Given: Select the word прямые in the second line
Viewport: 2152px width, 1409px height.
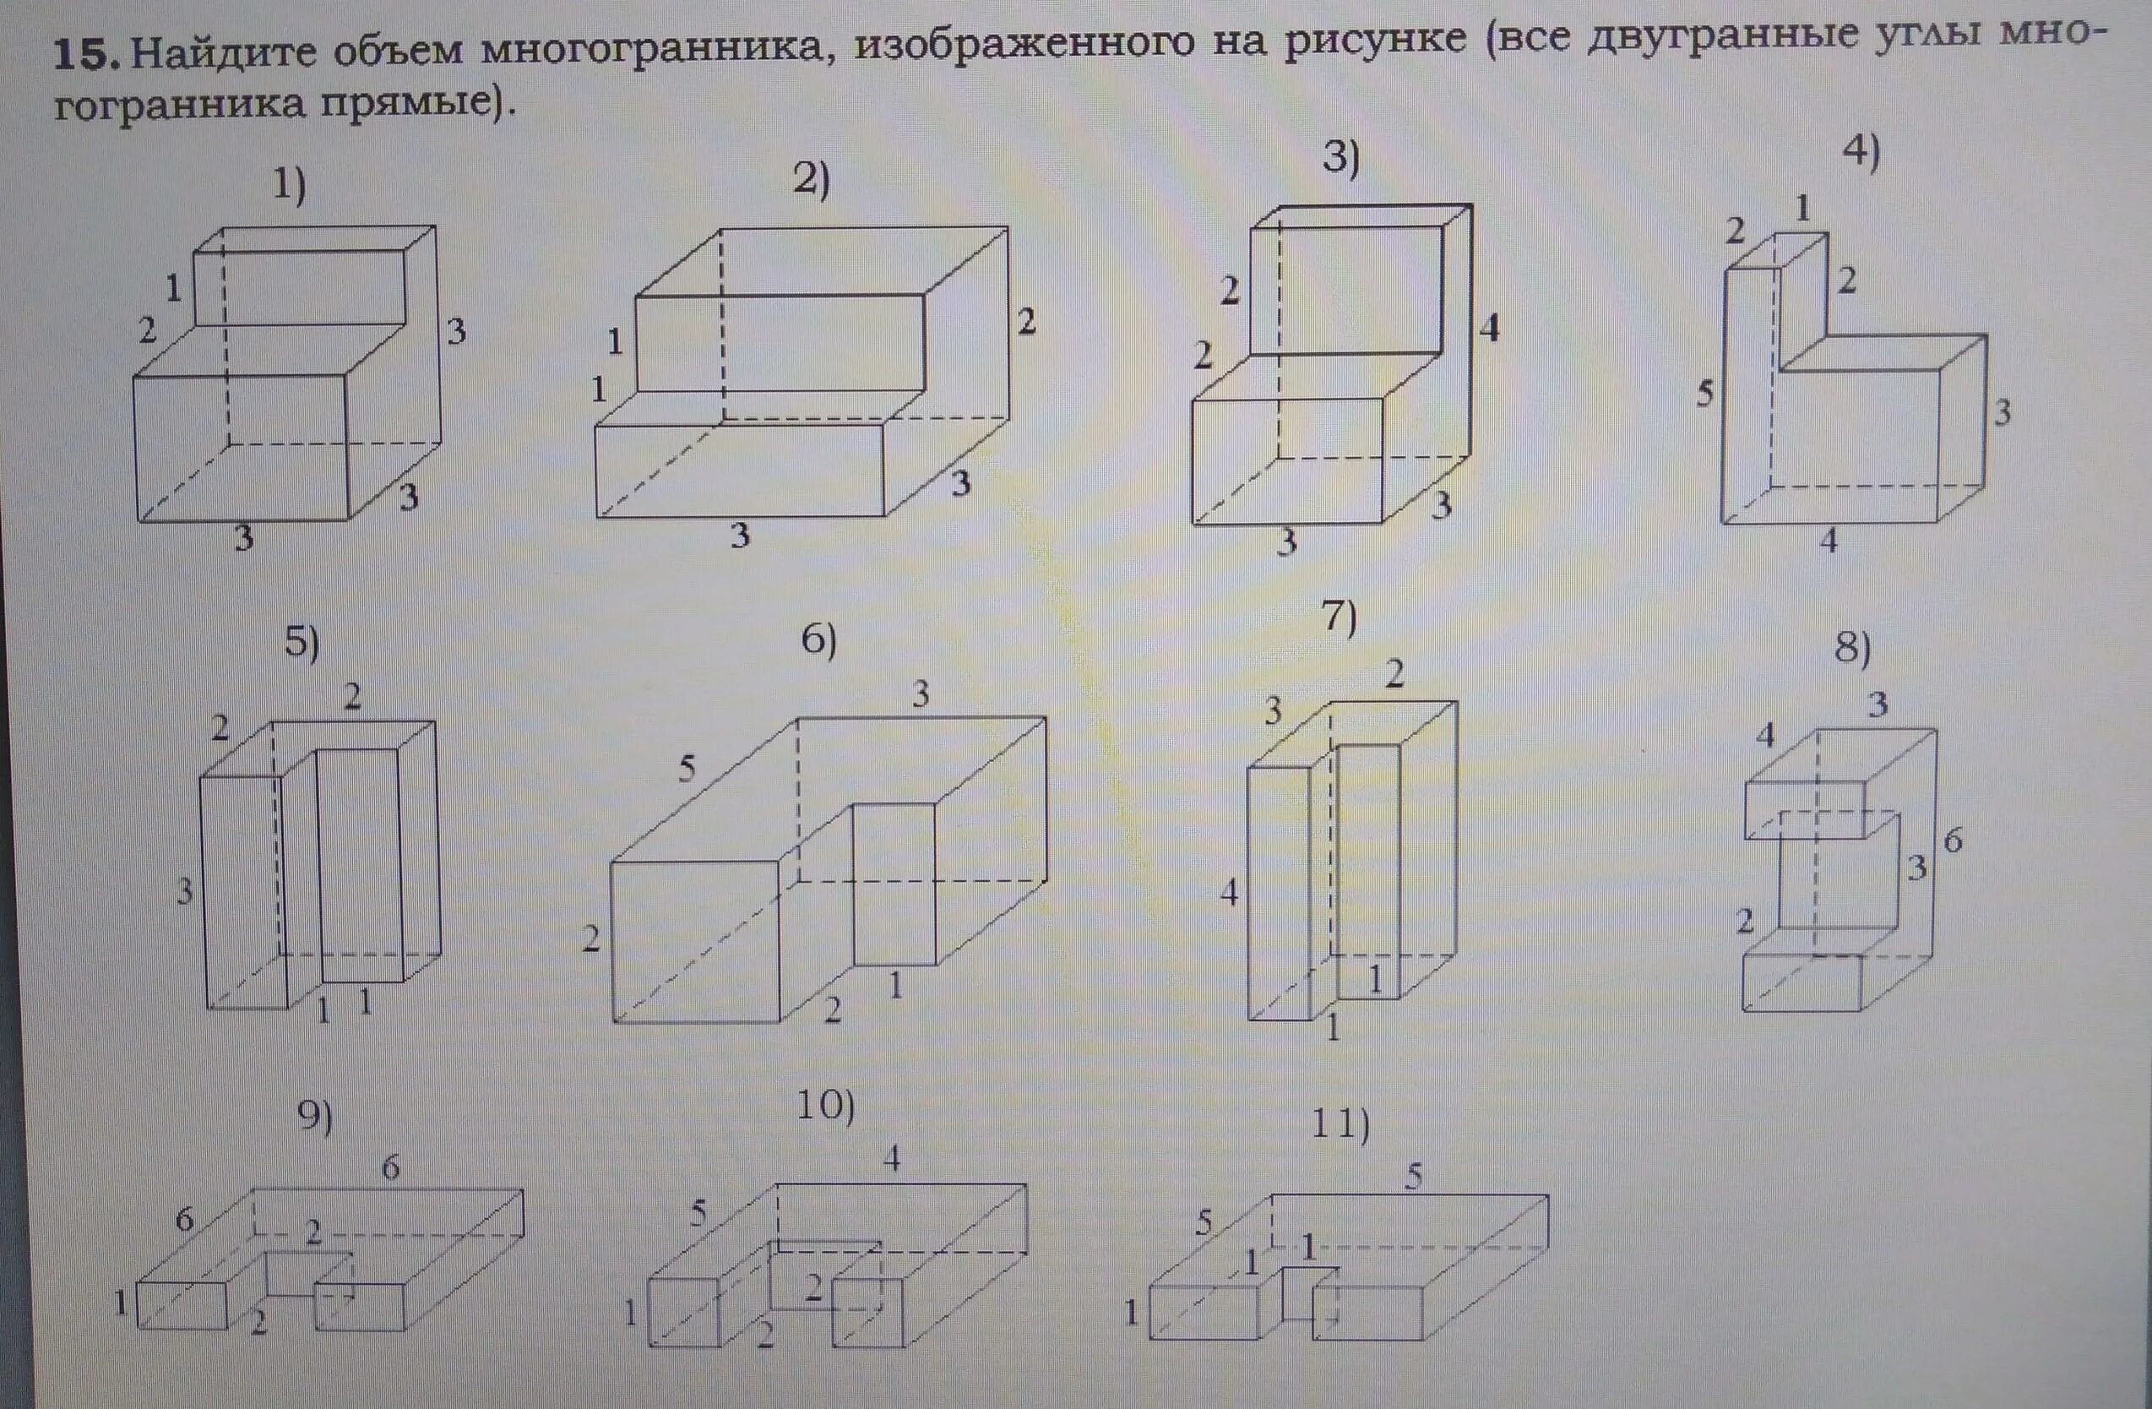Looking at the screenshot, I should pos(407,104).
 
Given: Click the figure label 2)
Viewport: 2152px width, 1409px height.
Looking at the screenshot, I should pos(810,179).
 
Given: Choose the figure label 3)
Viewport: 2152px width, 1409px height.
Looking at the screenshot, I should pos(1341,158).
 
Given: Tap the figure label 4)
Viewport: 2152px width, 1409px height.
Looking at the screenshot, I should pos(1861,151).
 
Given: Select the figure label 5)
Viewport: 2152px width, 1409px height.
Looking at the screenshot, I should pos(302,642).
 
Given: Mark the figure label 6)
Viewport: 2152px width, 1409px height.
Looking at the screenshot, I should pos(818,641).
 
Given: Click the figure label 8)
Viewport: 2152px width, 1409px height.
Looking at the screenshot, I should pos(1852,649).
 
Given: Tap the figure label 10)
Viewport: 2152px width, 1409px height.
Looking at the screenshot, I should pos(824,1106).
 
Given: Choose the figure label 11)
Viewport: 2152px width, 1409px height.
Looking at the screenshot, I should pos(1340,1124).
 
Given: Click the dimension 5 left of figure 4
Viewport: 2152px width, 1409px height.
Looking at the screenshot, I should pos(1704,394).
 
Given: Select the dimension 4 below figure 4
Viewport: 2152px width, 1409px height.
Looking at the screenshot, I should pos(1829,541).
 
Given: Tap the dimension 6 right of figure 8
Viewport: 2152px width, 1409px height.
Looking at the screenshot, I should pos(1953,841).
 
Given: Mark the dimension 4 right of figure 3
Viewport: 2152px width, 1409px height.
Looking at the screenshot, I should pos(1489,328).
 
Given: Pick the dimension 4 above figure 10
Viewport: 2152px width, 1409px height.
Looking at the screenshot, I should pos(893,1158).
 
